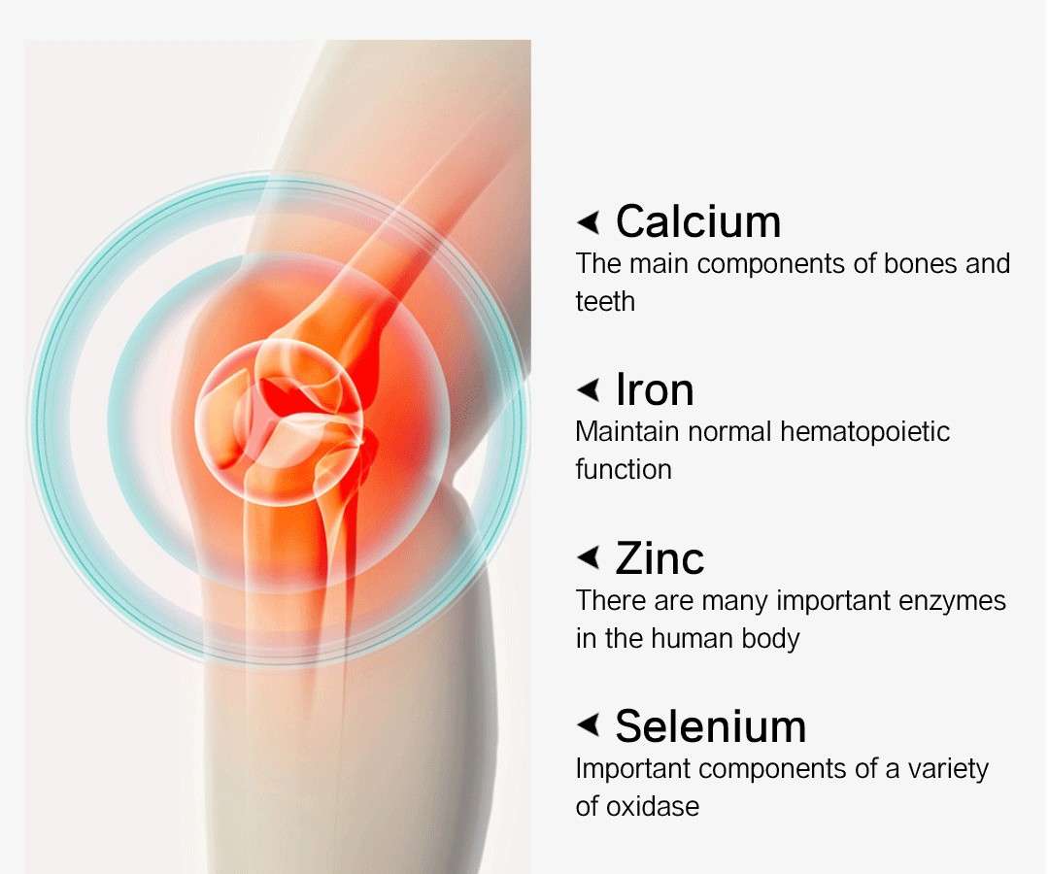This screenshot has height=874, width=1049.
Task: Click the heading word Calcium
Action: point(697,221)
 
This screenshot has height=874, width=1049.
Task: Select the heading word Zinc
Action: point(660,558)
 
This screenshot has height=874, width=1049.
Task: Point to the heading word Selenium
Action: point(710,726)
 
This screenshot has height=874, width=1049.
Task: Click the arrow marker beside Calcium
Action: point(588,222)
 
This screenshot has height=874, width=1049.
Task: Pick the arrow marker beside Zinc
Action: point(588,557)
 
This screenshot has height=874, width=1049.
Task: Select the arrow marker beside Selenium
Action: point(588,724)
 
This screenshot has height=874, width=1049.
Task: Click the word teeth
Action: point(605,302)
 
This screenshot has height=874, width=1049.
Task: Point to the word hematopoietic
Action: point(865,432)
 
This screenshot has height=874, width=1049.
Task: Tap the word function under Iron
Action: point(624,469)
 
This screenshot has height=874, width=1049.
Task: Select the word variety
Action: point(948,770)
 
